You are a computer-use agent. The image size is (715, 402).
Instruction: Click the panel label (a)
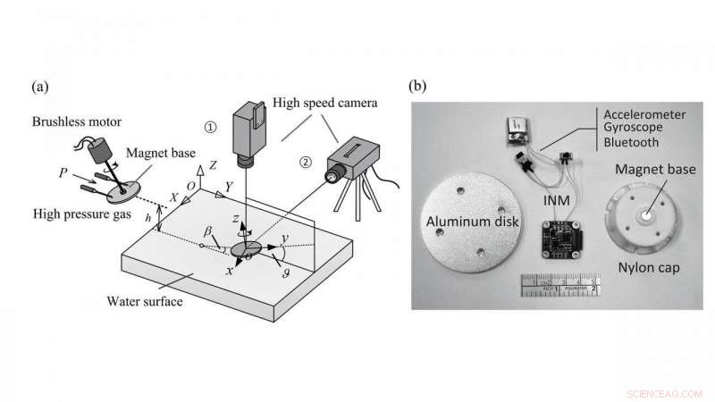[38, 87]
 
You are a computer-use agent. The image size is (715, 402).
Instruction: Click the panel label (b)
[418, 87]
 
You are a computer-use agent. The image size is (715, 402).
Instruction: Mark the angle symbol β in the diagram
[208, 230]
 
